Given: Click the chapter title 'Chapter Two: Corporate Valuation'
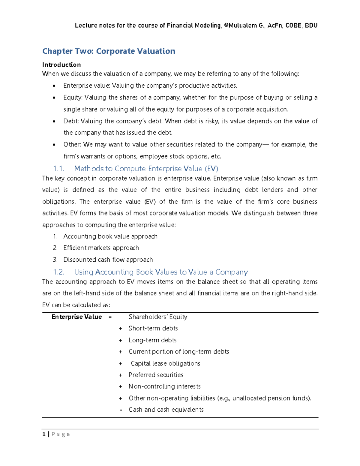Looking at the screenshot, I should pyautogui.click(x=109, y=51).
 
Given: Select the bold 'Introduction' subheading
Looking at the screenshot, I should pyautogui.click(x=61, y=65).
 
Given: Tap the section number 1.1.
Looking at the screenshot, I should pyautogui.click(x=58, y=169).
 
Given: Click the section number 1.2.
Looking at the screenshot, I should pyautogui.click(x=58, y=272).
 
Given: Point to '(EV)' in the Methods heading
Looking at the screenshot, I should pyautogui.click(x=211, y=169).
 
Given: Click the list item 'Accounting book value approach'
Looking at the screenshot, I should pyautogui.click(x=110, y=236).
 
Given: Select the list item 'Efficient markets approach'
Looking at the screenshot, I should pyautogui.click(x=101, y=248).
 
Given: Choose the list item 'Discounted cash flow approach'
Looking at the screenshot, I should pyautogui.click(x=108, y=260).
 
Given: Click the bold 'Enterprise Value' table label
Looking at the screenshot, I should pyautogui.click(x=76, y=317).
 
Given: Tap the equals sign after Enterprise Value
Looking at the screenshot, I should pyautogui.click(x=110, y=317).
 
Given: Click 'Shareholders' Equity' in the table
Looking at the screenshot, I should pyautogui.click(x=158, y=317).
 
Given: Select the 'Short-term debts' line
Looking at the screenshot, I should pyautogui.click(x=153, y=328).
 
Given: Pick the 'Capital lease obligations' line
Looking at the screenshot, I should pyautogui.click(x=165, y=363).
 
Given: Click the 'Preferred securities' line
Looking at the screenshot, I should pyautogui.click(x=156, y=375).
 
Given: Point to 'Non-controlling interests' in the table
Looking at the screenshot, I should pyautogui.click(x=164, y=386).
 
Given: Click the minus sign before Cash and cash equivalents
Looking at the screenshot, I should pyautogui.click(x=121, y=410).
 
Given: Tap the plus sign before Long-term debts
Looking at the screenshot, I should pyautogui.click(x=120, y=340).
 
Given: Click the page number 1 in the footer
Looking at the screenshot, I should pyautogui.click(x=44, y=434).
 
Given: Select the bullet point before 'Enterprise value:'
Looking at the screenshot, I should pyautogui.click(x=54, y=86).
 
